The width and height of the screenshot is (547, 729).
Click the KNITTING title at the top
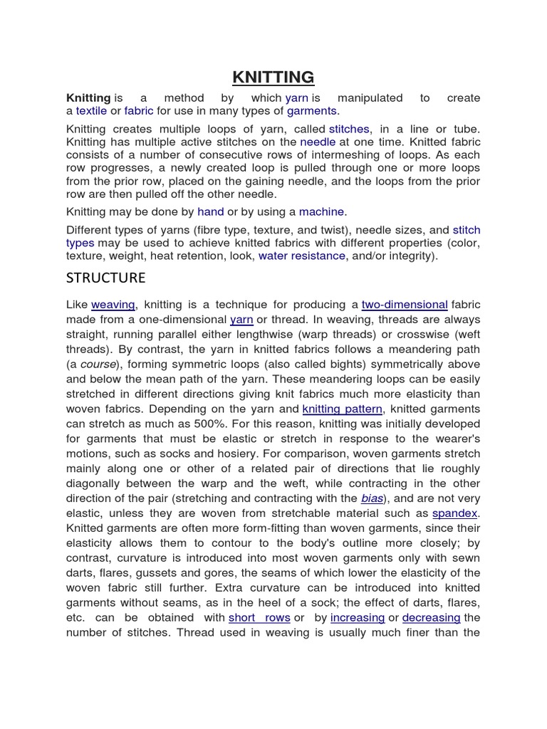pos(273,77)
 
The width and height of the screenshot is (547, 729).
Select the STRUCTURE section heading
pos(106,277)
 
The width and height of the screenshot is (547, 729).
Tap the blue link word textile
pos(91,111)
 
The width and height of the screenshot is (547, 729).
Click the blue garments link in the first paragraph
pos(311,111)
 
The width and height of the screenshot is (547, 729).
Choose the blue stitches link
pos(349,129)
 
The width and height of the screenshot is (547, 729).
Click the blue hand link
pos(211,211)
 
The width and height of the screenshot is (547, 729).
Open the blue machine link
pos(321,211)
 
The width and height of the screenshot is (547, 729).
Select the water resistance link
pos(301,256)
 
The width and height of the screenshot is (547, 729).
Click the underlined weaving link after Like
pos(113,305)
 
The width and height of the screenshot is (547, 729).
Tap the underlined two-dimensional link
pos(405,305)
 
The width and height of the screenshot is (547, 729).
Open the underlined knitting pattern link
pos(343,409)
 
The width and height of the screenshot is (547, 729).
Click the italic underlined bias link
pos(371,498)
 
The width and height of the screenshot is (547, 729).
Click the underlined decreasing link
pos(431,617)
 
